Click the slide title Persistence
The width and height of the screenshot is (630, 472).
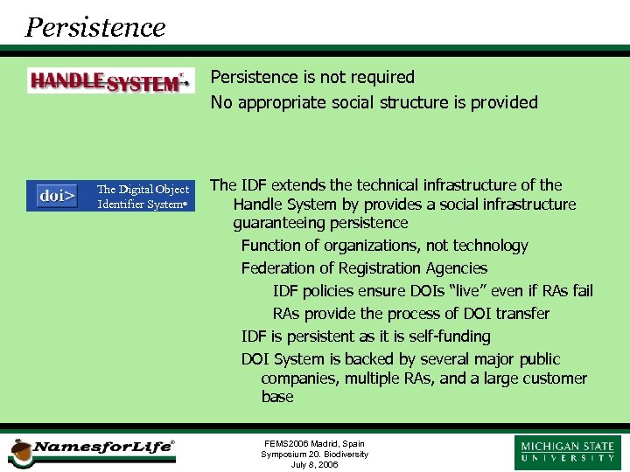pyautogui.click(x=95, y=27)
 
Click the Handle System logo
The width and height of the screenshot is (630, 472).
pyautogui.click(x=110, y=81)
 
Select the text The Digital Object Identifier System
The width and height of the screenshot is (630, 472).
pyautogui.click(x=143, y=197)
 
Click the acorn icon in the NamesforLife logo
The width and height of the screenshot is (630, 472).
pyautogui.click(x=19, y=451)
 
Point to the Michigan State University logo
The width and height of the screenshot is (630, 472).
pyautogui.click(x=568, y=452)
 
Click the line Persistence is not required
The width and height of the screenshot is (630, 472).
pyautogui.click(x=312, y=78)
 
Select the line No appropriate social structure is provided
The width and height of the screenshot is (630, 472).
pyautogui.click(x=374, y=102)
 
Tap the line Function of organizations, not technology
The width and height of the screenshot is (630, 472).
pyautogui.click(x=384, y=246)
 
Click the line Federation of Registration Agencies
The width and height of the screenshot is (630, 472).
pyautogui.click(x=364, y=268)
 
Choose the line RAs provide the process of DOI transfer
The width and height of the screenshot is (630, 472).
pyautogui.click(x=411, y=314)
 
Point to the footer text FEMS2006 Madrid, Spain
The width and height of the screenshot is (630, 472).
pyautogui.click(x=314, y=444)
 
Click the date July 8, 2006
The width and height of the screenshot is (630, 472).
pyautogui.click(x=314, y=465)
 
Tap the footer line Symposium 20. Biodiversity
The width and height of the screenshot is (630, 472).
pyautogui.click(x=314, y=455)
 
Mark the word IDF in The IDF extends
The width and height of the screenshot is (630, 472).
pyautogui.click(x=254, y=185)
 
